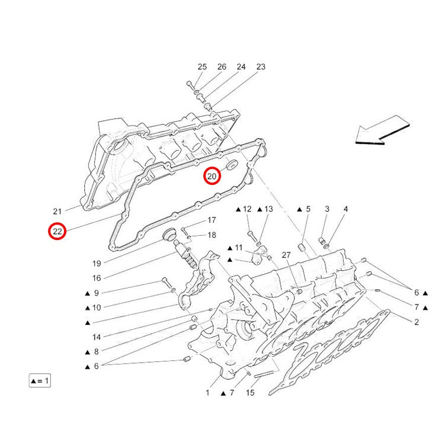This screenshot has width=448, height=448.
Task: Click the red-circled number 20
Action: pyautogui.click(x=212, y=176)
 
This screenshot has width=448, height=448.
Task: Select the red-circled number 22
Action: pyautogui.click(x=57, y=231)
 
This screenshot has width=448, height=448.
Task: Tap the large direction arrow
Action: pyautogui.click(x=382, y=130)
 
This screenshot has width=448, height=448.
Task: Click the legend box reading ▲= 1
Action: pyautogui.click(x=40, y=380)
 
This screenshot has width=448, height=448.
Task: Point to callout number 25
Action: pyautogui.click(x=202, y=67)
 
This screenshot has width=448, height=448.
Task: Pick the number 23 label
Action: pyautogui.click(x=261, y=67)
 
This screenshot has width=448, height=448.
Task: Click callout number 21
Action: pyautogui.click(x=57, y=212)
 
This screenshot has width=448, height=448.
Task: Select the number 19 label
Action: pyautogui.click(x=97, y=264)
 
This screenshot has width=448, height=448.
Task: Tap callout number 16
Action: pyautogui.click(x=97, y=278)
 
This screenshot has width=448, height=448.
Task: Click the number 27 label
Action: pyautogui.click(x=286, y=255)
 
